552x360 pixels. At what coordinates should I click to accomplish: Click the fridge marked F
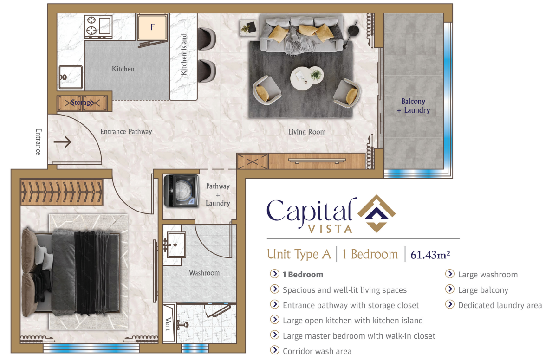click(x=152, y=27)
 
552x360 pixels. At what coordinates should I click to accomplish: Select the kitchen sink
click(x=71, y=77)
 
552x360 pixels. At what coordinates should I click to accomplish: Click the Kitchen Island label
click(x=184, y=54)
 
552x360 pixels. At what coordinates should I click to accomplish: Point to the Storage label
click(x=82, y=103)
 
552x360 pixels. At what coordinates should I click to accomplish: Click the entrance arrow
click(x=63, y=142)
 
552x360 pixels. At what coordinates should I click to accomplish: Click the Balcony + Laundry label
click(x=413, y=106)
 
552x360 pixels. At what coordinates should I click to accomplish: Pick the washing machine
click(x=182, y=191)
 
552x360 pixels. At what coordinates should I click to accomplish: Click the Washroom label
click(x=204, y=273)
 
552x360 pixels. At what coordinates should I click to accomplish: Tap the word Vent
click(x=168, y=324)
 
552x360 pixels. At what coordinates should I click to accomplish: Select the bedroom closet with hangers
click(x=62, y=192)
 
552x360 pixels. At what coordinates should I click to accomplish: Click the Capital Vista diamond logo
click(x=377, y=213)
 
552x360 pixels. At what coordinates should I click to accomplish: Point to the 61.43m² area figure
click(x=430, y=254)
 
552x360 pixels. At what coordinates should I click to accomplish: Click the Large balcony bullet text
click(x=483, y=290)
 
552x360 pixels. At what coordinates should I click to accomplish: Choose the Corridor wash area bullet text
click(x=317, y=351)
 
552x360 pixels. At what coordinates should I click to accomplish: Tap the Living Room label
click(x=306, y=132)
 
